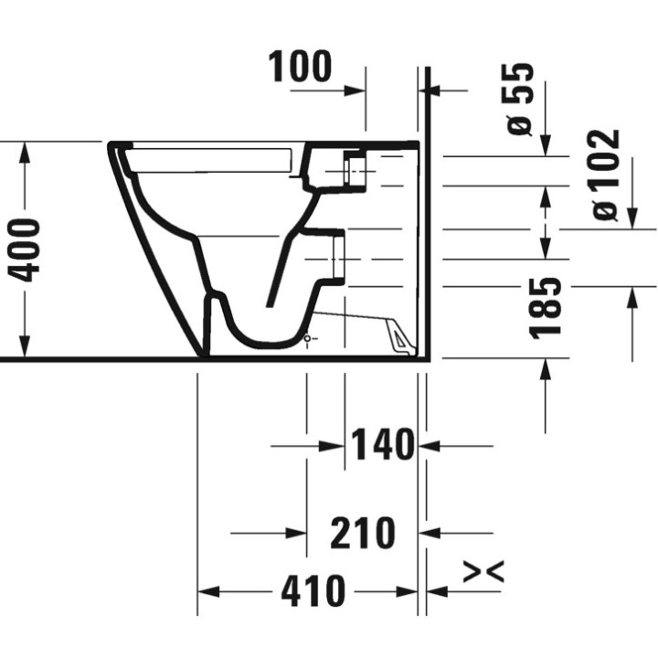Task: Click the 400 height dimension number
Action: tap(25, 249)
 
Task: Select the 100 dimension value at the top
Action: tap(301, 67)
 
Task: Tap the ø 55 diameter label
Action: tap(519, 100)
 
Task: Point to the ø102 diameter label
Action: tap(605, 175)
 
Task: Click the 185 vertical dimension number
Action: tap(546, 308)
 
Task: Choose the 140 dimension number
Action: tap(381, 446)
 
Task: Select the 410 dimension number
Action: tap(313, 591)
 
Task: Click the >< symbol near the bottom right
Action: tap(483, 572)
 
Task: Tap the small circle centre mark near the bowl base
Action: tap(308, 339)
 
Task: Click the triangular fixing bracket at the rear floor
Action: tap(400, 338)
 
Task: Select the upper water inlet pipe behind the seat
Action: tap(354, 169)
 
